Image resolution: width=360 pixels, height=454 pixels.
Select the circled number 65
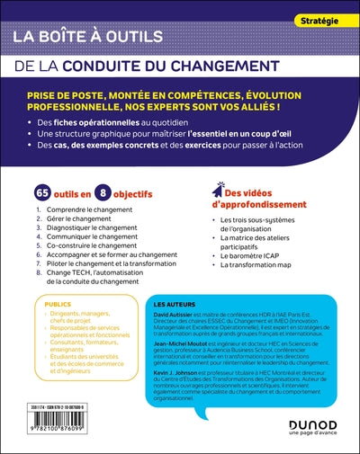coord(41,193)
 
